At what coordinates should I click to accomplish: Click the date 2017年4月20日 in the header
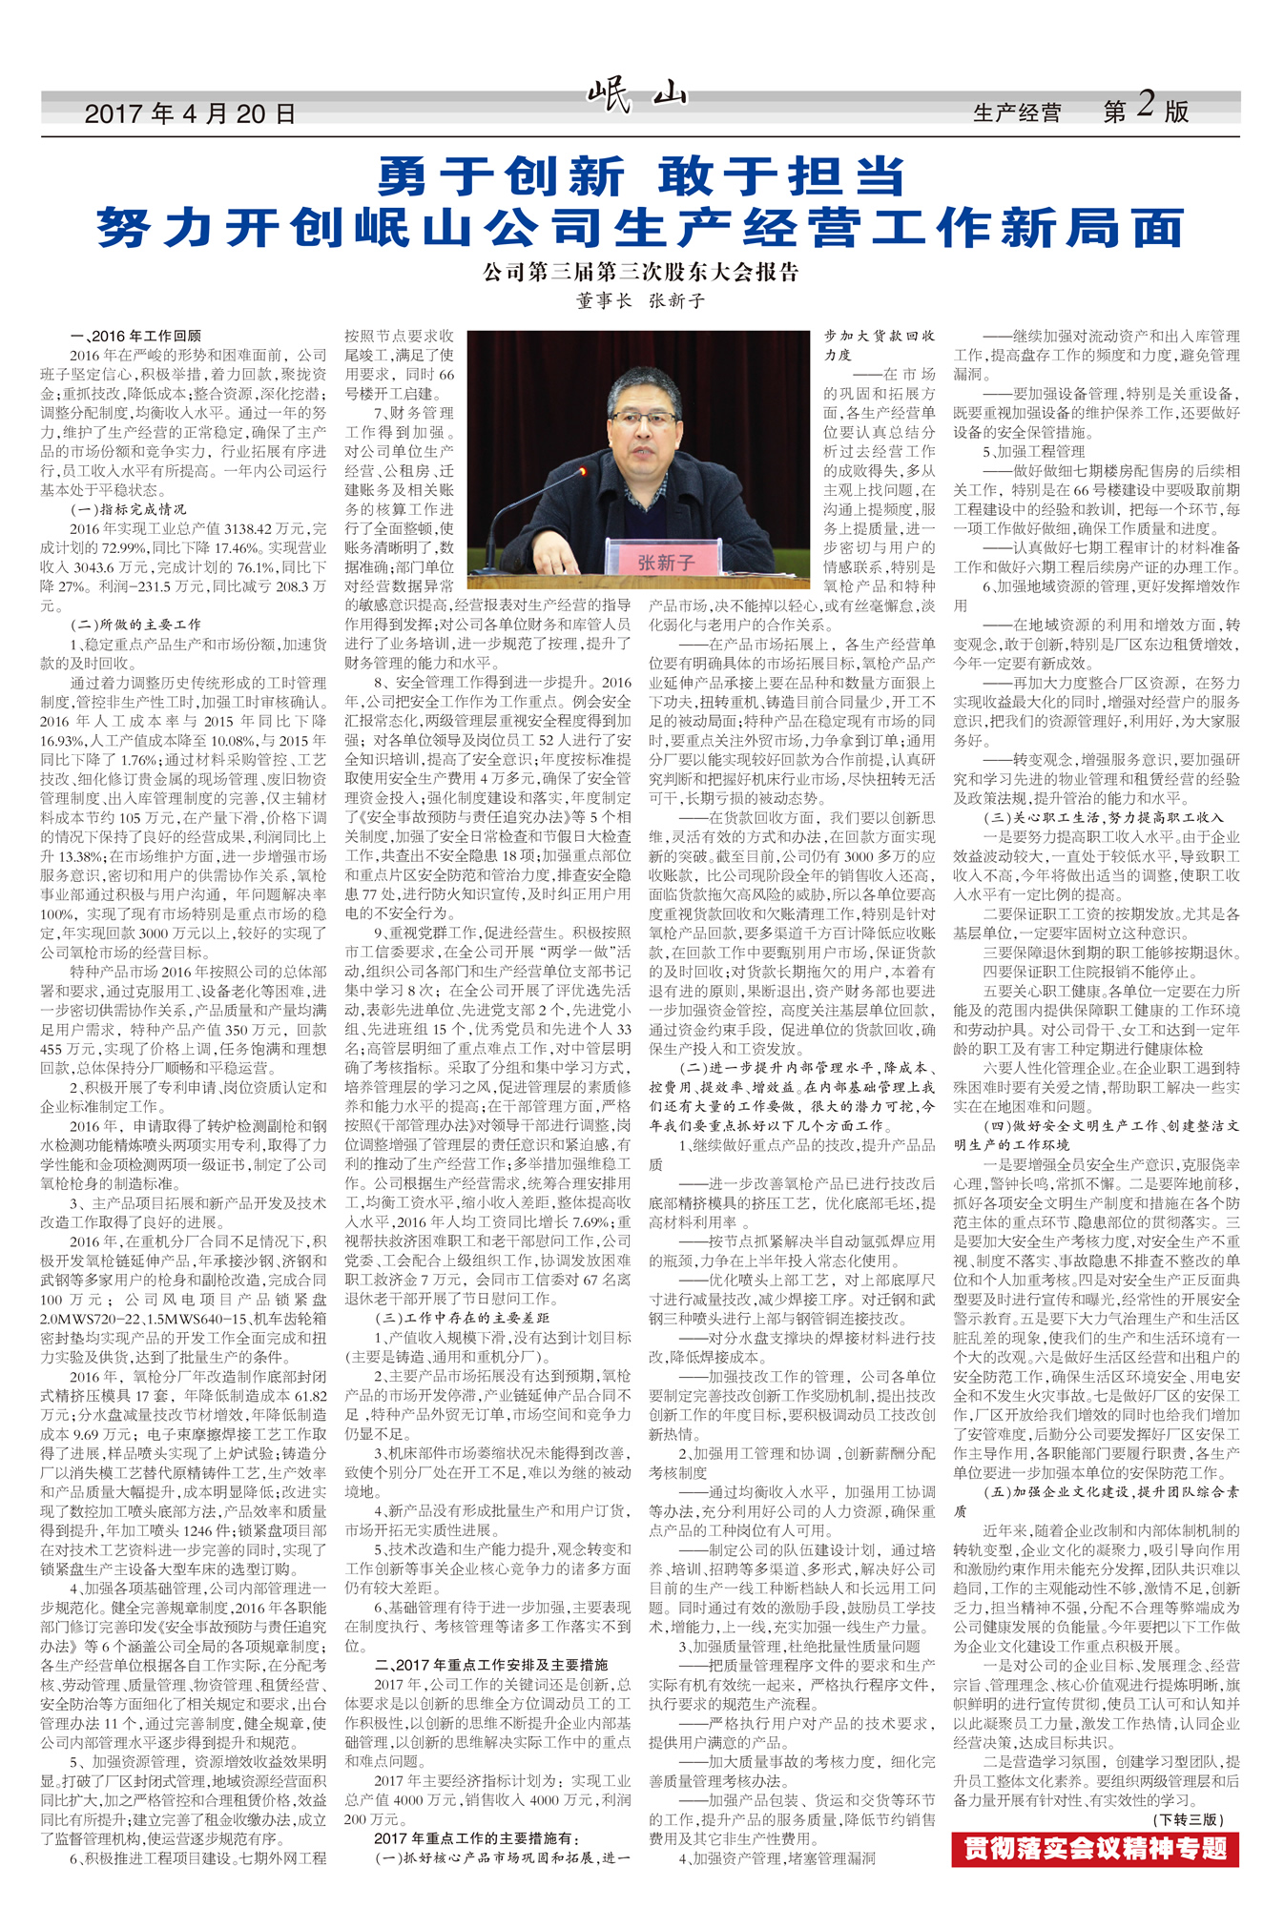pyautogui.click(x=190, y=114)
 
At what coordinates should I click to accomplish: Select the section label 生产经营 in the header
pyautogui.click(x=1016, y=113)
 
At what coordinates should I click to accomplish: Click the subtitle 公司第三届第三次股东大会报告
pyautogui.click(x=640, y=273)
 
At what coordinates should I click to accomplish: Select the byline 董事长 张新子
pyautogui.click(x=640, y=301)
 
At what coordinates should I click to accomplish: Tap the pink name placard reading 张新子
pyautogui.click(x=667, y=563)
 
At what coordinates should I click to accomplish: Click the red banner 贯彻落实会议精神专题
pyautogui.click(x=1095, y=1849)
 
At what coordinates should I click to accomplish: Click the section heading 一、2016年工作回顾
pyautogui.click(x=135, y=336)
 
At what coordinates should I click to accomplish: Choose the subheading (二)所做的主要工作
pyautogui.click(x=135, y=625)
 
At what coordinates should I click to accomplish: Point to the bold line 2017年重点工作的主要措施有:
pyautogui.click(x=477, y=1837)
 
